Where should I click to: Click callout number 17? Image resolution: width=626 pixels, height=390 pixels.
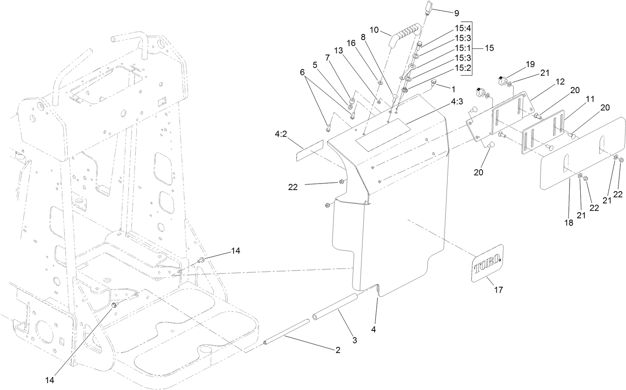click(x=498, y=290)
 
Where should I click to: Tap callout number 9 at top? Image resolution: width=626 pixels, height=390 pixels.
click(x=456, y=13)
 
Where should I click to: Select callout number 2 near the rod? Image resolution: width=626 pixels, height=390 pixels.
click(x=337, y=350)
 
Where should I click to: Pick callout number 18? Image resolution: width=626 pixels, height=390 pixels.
click(x=568, y=223)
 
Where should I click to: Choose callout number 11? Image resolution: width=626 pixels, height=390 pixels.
click(x=590, y=99)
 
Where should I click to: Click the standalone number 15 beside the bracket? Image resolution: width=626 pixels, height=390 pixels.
click(x=489, y=48)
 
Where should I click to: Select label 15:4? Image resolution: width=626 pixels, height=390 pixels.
click(x=463, y=28)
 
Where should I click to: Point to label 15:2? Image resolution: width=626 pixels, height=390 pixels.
click(x=463, y=68)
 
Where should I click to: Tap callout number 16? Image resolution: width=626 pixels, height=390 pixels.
click(x=351, y=43)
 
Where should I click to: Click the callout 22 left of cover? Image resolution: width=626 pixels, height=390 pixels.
click(x=293, y=187)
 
